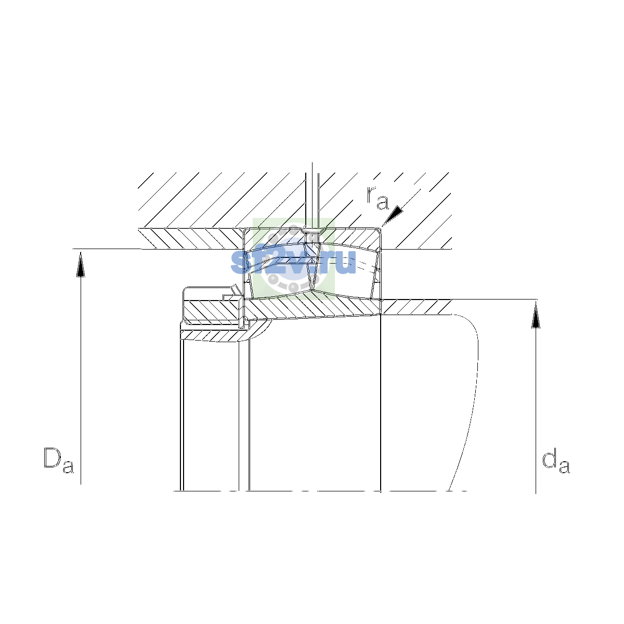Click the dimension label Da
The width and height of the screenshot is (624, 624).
point(59,460)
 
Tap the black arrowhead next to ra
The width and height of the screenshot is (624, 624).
point(394,215)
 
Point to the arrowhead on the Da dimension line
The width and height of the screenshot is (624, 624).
point(81,265)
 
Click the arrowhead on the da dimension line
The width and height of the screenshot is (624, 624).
point(536,315)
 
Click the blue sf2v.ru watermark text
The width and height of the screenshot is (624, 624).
point(293,262)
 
